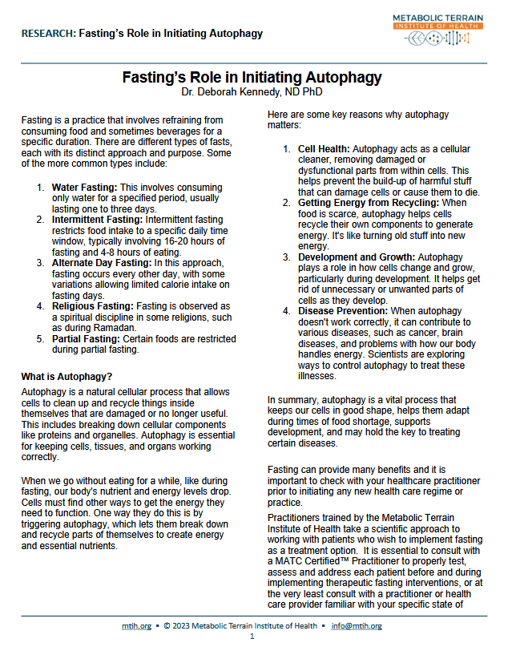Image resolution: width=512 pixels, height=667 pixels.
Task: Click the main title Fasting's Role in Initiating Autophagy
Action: tap(252, 78)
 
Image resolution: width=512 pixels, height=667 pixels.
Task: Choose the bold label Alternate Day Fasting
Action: tap(102, 262)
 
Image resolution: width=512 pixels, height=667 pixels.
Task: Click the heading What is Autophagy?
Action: tap(67, 377)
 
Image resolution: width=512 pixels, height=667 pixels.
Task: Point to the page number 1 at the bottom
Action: tap(252, 636)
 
